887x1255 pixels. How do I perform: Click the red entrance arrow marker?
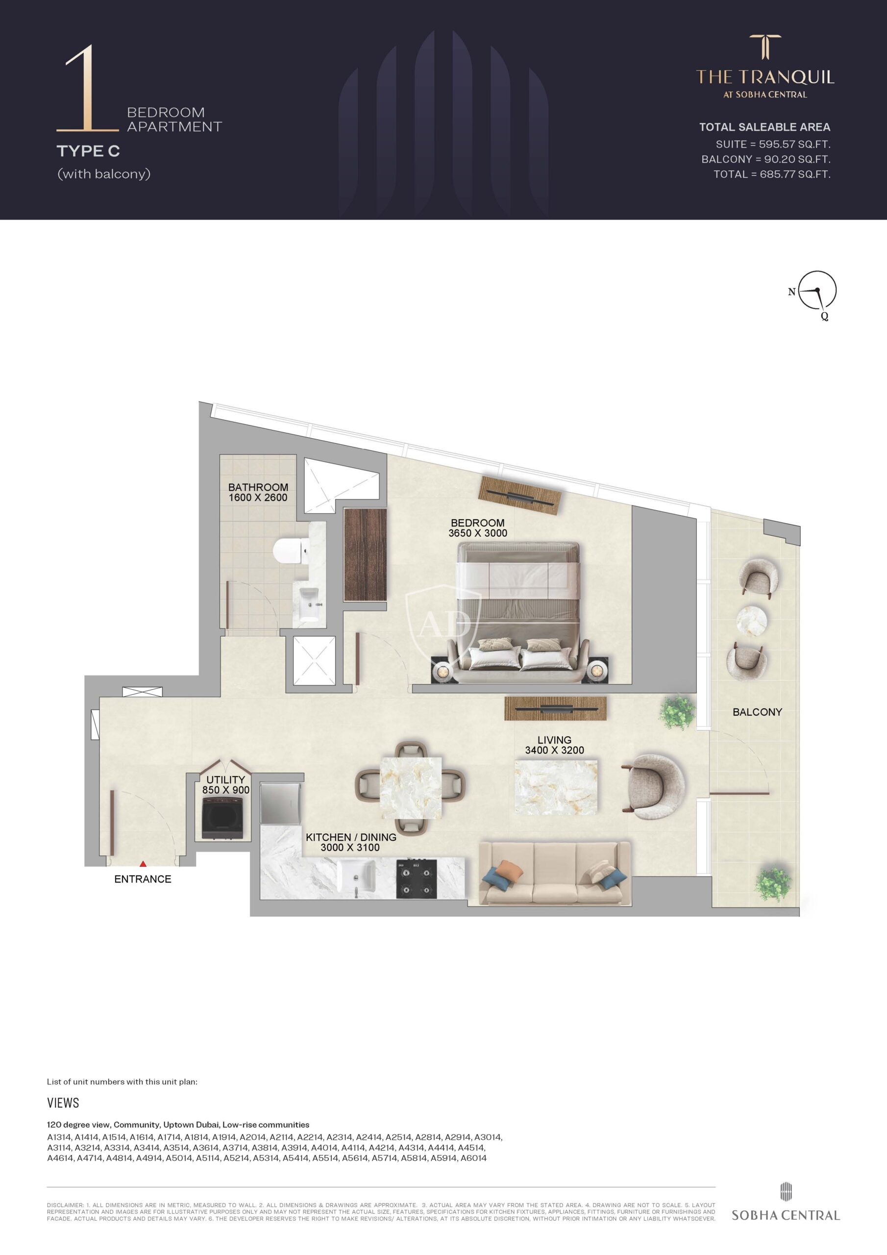click(143, 864)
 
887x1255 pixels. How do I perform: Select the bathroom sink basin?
click(309, 603)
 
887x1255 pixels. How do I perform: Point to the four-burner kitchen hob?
click(417, 878)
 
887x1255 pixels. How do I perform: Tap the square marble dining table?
click(411, 788)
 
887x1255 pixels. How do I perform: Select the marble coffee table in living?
click(556, 788)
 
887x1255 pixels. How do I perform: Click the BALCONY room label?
click(757, 712)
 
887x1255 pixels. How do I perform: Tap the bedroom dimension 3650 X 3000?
click(478, 533)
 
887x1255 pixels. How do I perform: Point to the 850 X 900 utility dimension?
click(226, 790)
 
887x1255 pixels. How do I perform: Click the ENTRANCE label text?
click(143, 879)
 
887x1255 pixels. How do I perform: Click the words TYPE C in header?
click(88, 151)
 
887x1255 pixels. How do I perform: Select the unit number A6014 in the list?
click(473, 1158)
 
